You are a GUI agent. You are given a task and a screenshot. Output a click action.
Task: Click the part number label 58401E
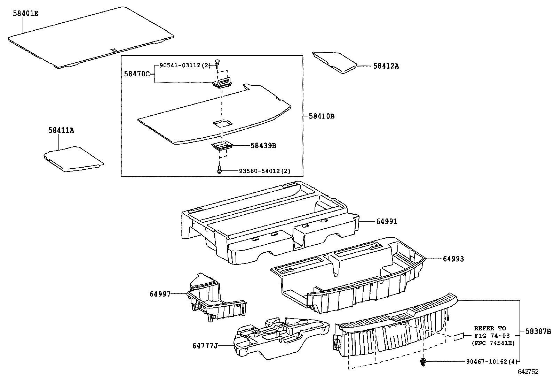coord(26,14)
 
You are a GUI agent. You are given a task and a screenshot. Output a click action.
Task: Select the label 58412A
coord(386,66)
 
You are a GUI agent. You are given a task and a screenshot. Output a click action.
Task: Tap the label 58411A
coord(61,130)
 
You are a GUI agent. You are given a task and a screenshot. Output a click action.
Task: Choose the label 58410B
coord(321,116)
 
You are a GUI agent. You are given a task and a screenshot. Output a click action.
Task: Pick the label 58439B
coord(263,146)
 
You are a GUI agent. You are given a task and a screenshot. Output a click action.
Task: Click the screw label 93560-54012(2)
coord(264,171)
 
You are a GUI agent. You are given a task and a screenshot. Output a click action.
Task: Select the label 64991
coord(386,221)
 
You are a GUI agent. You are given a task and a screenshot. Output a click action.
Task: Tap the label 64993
coord(453,259)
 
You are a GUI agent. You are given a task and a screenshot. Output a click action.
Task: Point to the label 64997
coord(160,294)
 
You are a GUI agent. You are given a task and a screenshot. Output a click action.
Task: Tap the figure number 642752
coord(528,372)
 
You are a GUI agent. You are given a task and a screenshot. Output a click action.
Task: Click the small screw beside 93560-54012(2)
coord(219,171)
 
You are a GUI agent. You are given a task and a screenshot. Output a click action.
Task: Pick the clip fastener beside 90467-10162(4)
coord(423,361)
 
